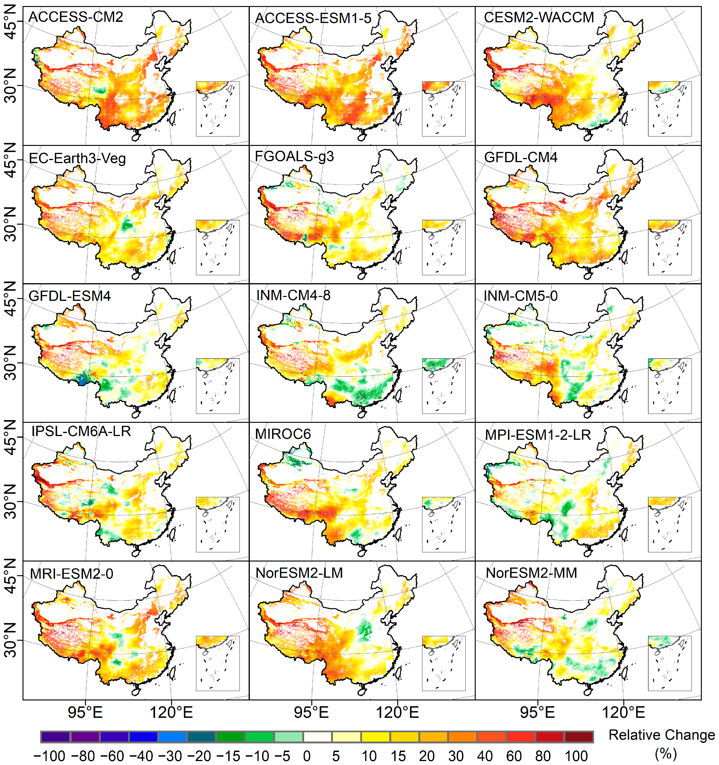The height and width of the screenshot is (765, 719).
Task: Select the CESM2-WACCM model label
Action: (539, 17)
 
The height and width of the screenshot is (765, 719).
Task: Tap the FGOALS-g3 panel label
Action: (294, 156)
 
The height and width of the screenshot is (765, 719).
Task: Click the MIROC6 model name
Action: (283, 434)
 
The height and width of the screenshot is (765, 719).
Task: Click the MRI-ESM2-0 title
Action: (72, 574)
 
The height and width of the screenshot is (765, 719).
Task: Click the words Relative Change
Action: (661, 735)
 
